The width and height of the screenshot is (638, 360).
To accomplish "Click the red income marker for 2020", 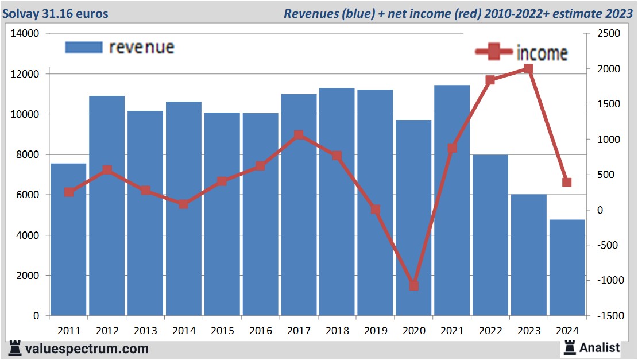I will tap(413, 285).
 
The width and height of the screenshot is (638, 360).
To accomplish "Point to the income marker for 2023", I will tap(528, 69).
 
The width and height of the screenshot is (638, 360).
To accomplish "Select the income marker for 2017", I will tap(299, 136).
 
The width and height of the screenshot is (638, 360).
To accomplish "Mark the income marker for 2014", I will tap(183, 204).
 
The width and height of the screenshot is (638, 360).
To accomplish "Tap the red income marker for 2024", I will tap(567, 183).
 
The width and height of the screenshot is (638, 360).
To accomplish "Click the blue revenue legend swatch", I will tap(84, 47).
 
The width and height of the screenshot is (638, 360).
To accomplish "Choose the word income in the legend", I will tap(542, 53).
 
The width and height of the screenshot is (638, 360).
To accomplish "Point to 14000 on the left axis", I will tap(25, 34).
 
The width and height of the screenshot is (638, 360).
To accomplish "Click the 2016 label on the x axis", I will tap(260, 331).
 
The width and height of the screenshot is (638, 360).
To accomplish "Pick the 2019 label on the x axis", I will tap(376, 331).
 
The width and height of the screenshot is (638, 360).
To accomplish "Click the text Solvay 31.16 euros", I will tap(55, 13).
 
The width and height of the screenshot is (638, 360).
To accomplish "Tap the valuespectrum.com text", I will tap(87, 349).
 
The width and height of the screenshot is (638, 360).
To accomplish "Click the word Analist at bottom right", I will tap(600, 347).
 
